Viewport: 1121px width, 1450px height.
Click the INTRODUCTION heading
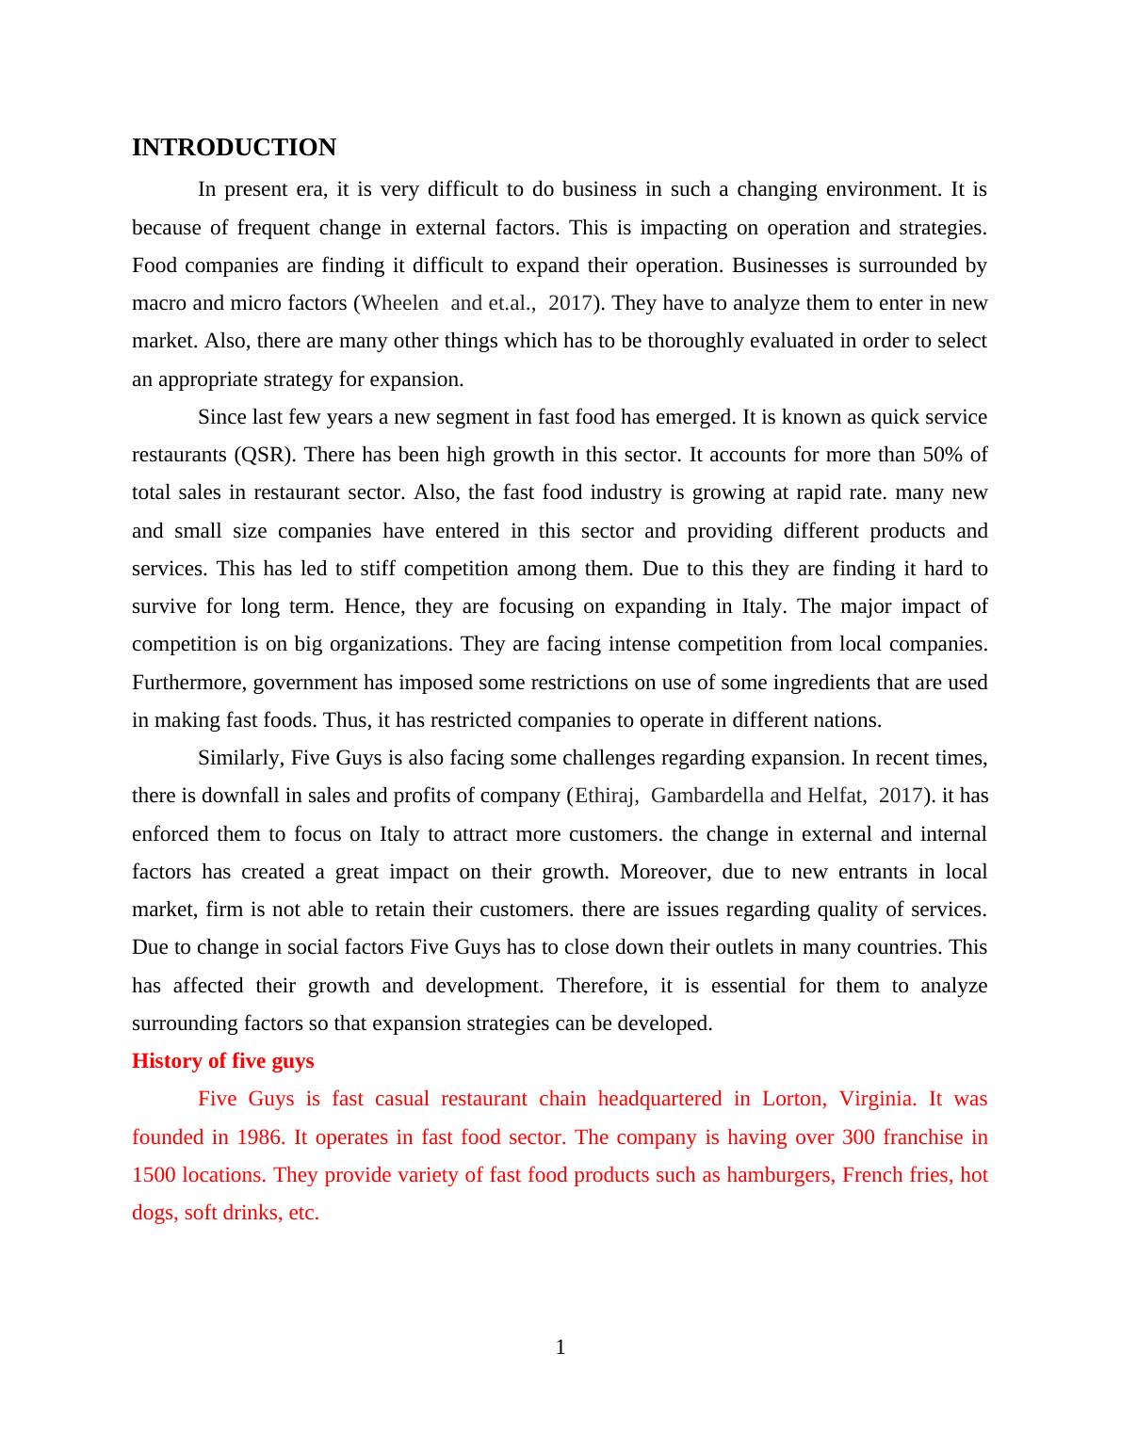(234, 148)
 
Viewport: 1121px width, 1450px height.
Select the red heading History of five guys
(222, 1061)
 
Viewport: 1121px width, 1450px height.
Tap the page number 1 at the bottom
(560, 1348)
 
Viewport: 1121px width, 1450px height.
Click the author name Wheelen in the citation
(399, 303)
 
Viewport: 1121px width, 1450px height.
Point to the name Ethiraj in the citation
(605, 796)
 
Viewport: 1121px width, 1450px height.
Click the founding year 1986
(259, 1137)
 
